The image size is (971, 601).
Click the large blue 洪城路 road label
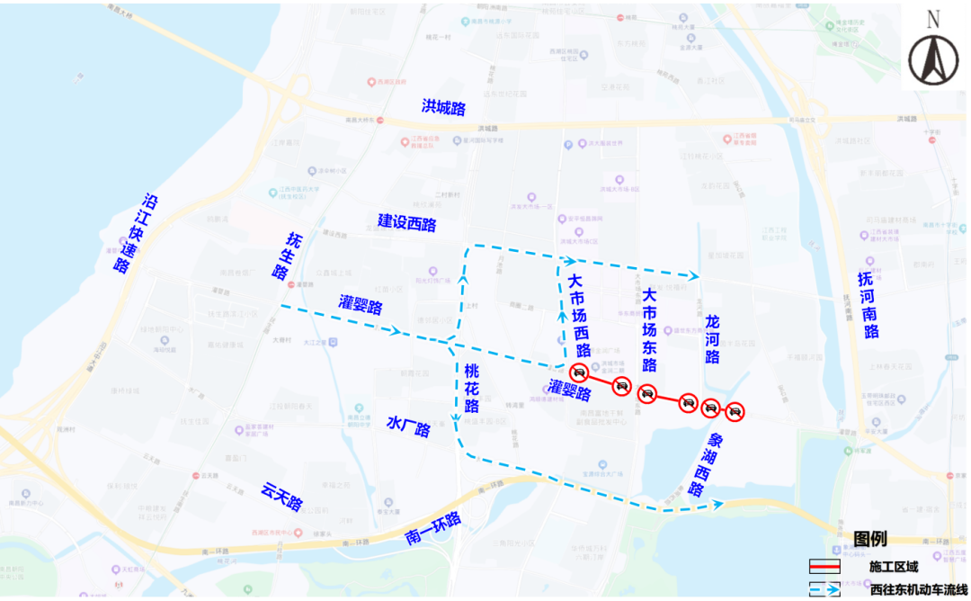pyautogui.click(x=444, y=107)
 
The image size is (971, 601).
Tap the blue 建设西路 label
pyautogui.click(x=406, y=222)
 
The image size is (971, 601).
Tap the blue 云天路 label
pyautogui.click(x=282, y=496)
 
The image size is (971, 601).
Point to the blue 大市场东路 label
pyautogui.click(x=649, y=329)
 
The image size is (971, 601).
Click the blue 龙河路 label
pyautogui.click(x=712, y=339)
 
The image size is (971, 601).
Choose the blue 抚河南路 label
pyautogui.click(x=868, y=305)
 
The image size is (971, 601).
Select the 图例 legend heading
pyautogui.click(x=869, y=538)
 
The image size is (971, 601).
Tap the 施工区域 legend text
pyautogui.click(x=894, y=567)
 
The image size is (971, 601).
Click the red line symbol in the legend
pyautogui.click(x=824, y=567)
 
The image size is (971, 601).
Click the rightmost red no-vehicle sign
pyautogui.click(x=735, y=413)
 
